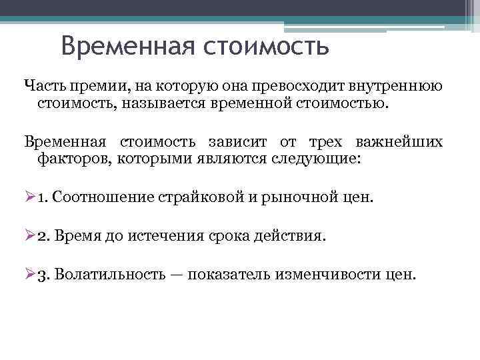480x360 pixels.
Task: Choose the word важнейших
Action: (x=399, y=142)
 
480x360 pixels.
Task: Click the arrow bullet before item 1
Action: (x=29, y=197)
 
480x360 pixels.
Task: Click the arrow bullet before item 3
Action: (x=29, y=275)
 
